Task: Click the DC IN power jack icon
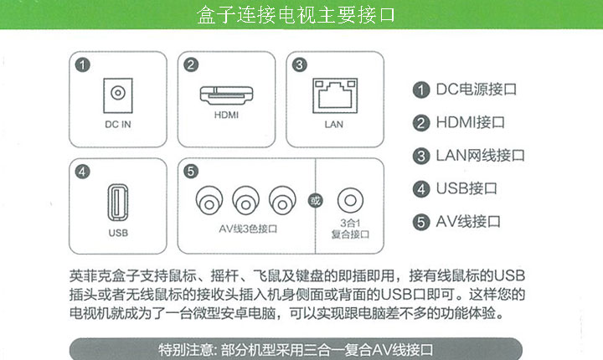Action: click(x=118, y=92)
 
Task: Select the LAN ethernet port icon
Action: click(x=333, y=94)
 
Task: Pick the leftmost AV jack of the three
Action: click(x=209, y=200)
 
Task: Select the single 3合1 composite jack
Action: click(x=349, y=200)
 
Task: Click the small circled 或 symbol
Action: click(x=314, y=200)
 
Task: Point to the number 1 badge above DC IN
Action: click(x=82, y=64)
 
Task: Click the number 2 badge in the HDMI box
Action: click(x=191, y=64)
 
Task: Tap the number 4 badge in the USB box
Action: click(x=82, y=172)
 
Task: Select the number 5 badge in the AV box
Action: click(x=191, y=172)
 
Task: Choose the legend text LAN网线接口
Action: click(x=480, y=156)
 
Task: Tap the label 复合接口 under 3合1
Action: click(x=350, y=236)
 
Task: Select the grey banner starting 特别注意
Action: click(x=296, y=348)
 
